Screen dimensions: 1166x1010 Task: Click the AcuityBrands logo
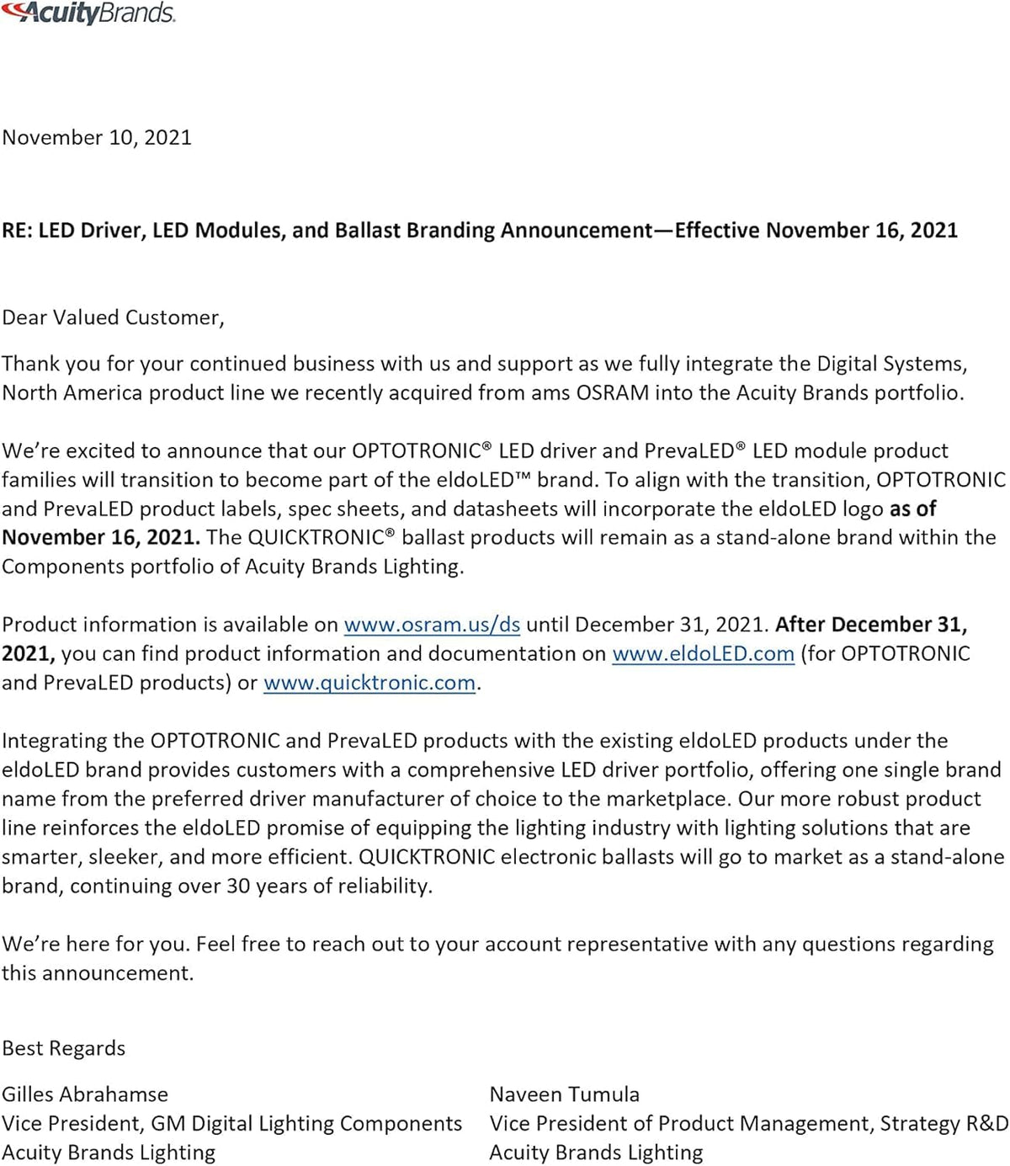pos(88,13)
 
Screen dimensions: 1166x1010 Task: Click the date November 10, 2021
pos(97,137)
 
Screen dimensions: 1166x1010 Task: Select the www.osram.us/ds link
pos(432,625)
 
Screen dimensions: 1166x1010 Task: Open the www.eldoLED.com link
pos(703,653)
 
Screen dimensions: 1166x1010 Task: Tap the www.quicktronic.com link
pos(369,683)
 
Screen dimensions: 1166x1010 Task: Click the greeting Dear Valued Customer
pos(113,317)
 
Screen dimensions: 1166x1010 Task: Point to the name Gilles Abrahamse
pos(85,1094)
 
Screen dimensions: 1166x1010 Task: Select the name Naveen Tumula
pos(564,1094)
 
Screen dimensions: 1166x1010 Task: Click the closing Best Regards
pos(64,1048)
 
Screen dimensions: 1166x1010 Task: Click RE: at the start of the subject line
pos(17,231)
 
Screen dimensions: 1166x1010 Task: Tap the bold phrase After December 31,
pos(871,625)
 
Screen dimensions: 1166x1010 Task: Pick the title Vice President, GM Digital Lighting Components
pos(232,1123)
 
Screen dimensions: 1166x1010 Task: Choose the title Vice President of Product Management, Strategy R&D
pos(748,1123)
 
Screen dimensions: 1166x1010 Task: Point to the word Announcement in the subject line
pos(577,231)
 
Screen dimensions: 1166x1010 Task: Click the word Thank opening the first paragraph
pos(30,364)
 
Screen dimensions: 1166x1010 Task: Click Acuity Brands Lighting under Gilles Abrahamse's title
pos(109,1153)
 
